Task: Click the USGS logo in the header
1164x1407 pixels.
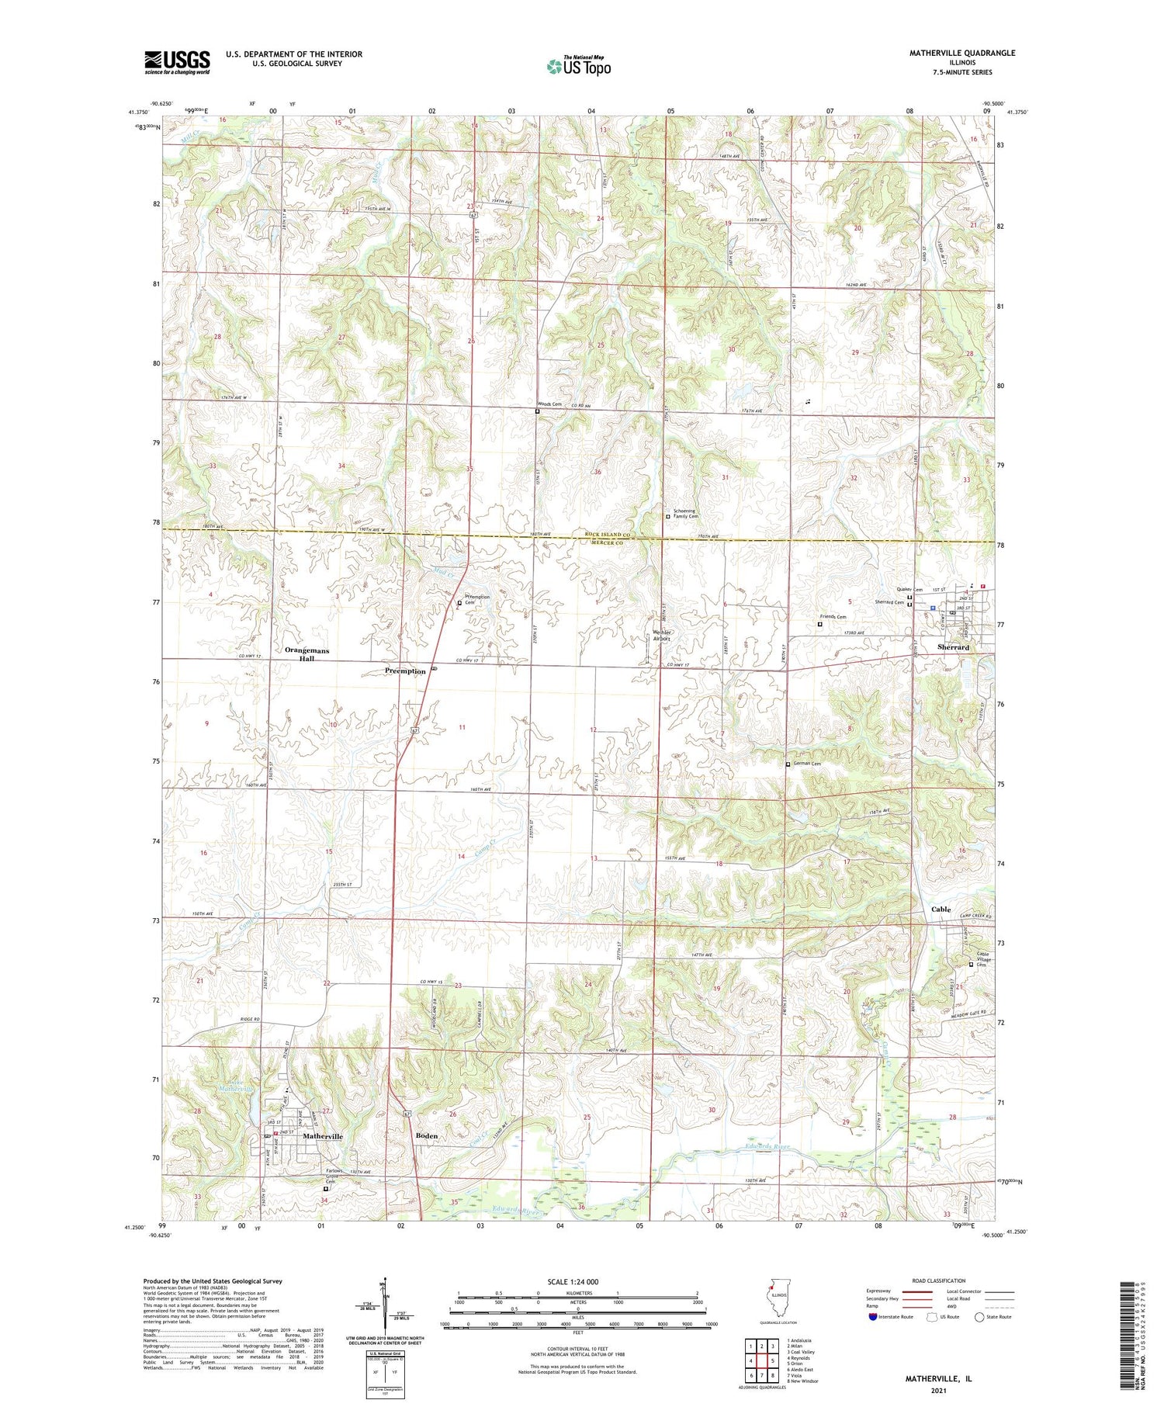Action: point(177,62)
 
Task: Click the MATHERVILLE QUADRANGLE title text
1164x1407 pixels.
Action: point(951,53)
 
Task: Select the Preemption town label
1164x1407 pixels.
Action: point(405,671)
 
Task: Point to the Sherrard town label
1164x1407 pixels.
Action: point(953,646)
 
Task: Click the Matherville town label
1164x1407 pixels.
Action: point(322,1135)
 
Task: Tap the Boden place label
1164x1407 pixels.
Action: point(427,1135)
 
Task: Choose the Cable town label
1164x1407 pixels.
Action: point(941,909)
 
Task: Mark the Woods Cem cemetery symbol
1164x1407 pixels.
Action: point(537,411)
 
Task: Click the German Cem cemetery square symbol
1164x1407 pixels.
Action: point(788,764)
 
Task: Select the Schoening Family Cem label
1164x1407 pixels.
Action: point(685,514)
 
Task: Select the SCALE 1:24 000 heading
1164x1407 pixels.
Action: point(573,1281)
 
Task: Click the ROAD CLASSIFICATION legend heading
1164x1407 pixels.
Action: point(939,1281)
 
